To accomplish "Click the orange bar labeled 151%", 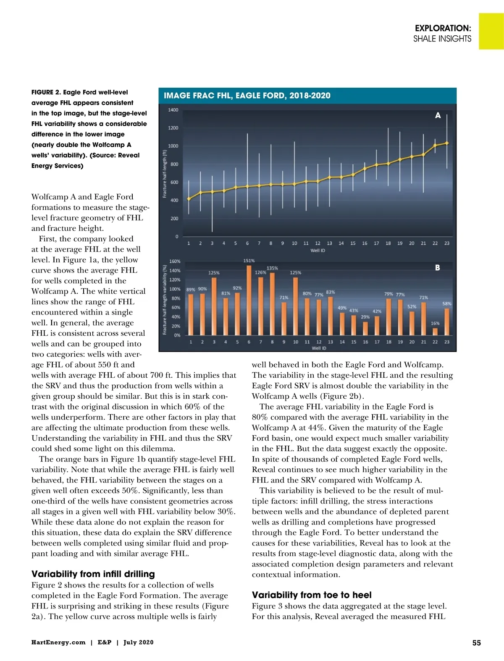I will click(x=249, y=300).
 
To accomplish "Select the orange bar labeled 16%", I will click(x=435, y=332).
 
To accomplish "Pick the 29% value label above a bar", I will click(x=365, y=317).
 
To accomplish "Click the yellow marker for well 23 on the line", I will click(x=447, y=143).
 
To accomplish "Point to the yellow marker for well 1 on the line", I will click(x=189, y=199).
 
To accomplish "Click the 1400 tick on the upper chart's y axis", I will click(x=173, y=110).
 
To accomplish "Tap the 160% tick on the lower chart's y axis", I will click(x=175, y=261).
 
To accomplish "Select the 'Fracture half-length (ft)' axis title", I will click(x=165, y=173).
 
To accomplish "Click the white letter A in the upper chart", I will click(x=438, y=115).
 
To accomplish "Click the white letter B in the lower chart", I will click(x=437, y=268).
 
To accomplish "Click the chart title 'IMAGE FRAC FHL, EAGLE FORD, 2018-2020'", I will click(x=247, y=96).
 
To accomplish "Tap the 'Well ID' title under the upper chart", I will click(x=318, y=251).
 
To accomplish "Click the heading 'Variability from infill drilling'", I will click(x=93, y=574).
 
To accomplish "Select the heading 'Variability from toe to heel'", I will click(x=312, y=595).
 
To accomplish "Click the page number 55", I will click(x=476, y=643).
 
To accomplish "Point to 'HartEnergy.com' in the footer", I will click(x=58, y=643).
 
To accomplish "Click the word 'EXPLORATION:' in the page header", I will click(x=443, y=28).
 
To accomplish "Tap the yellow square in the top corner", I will click(x=491, y=31).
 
